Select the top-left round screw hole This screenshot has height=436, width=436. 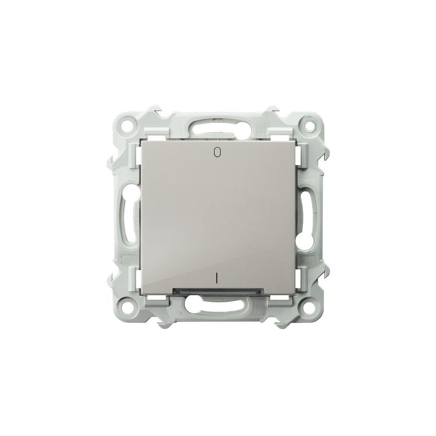click(x=128, y=124)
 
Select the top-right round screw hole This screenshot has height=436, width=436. click(x=308, y=125)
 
